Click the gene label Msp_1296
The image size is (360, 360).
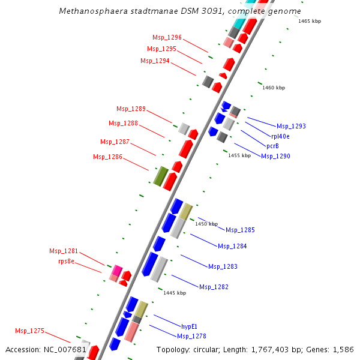point(167,37)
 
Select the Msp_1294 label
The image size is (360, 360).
point(155,61)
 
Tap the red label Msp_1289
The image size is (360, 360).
point(131,109)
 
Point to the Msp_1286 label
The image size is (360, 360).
point(107,157)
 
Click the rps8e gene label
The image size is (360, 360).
point(66,261)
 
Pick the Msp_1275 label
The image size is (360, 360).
point(29,331)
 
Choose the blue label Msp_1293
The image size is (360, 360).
point(291,126)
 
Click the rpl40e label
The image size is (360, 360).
point(280,136)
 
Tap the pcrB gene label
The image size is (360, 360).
point(272,146)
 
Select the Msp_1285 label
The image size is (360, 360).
point(240,230)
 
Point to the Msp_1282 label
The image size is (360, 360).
point(214,287)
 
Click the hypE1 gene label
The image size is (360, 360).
point(190,326)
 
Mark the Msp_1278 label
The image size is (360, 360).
point(191,336)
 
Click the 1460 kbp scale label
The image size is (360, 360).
point(274,88)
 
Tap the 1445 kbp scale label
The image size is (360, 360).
point(175,293)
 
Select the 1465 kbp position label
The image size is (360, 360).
point(310,21)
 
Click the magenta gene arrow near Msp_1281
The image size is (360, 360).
point(117,271)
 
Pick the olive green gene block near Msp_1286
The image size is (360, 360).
point(160,176)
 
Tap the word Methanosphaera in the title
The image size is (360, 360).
point(89,11)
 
